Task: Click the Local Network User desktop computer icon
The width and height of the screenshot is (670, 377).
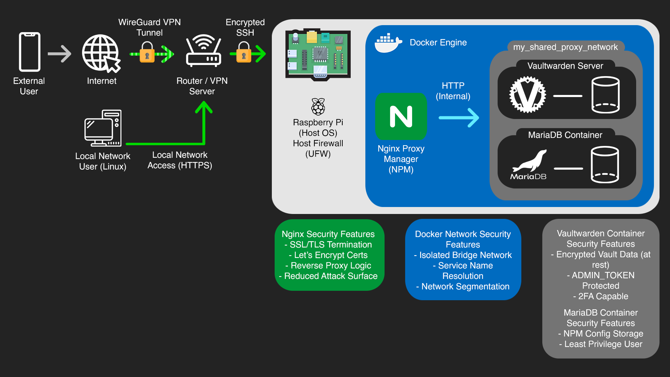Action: [x=103, y=128]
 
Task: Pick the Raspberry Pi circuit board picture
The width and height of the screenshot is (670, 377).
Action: [x=318, y=54]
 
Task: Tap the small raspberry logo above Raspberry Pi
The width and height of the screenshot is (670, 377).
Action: [x=318, y=107]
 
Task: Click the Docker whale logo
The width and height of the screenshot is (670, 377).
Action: [x=388, y=43]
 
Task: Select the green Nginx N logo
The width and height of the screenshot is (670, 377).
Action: [x=401, y=117]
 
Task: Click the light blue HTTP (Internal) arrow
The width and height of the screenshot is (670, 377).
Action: [x=459, y=118]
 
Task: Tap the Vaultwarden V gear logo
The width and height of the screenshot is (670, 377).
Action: [x=528, y=95]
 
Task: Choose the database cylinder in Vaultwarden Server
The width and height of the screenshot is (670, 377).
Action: [x=605, y=95]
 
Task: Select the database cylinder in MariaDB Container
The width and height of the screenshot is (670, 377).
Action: [x=605, y=165]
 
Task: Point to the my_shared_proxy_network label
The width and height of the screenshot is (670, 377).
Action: [x=565, y=47]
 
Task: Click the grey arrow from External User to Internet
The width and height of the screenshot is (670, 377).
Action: [x=60, y=54]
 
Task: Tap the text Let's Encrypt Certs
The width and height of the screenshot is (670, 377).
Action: [x=330, y=255]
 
